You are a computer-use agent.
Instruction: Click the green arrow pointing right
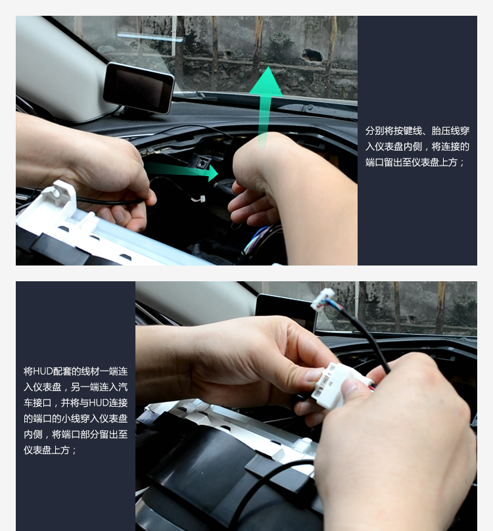[x=181, y=171]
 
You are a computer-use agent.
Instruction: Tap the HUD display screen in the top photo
[x=138, y=87]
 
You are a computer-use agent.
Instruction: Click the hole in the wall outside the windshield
[x=312, y=55]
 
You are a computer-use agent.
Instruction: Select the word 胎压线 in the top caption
[x=445, y=131]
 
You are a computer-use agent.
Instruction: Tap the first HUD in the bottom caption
[x=42, y=371]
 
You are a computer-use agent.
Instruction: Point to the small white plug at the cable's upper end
[x=323, y=299]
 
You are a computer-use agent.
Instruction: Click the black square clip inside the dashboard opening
[x=202, y=162]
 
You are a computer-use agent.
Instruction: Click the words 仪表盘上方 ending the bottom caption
[x=47, y=450]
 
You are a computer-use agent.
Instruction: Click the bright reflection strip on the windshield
[x=151, y=37]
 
